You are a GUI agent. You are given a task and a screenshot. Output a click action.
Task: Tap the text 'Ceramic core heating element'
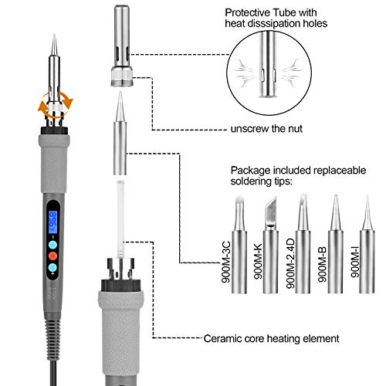270,337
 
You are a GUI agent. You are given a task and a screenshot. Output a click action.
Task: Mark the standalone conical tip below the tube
120,127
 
